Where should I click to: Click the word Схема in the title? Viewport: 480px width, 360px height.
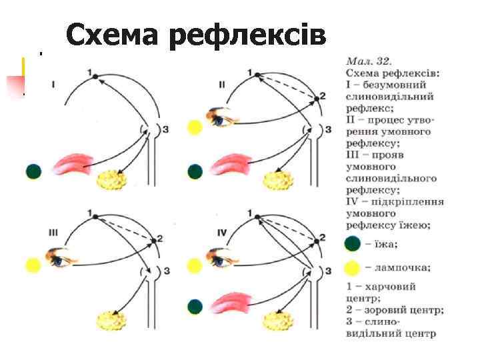113,35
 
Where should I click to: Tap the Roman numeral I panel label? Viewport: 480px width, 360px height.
53,85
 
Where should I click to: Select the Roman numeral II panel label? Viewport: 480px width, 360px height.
221,85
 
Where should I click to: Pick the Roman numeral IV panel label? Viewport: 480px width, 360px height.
223,232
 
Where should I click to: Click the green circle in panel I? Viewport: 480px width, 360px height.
34,171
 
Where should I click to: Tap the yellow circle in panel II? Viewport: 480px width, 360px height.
195,127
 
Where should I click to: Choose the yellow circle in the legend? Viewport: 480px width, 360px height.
353,268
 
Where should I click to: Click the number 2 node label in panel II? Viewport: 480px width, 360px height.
323,96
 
